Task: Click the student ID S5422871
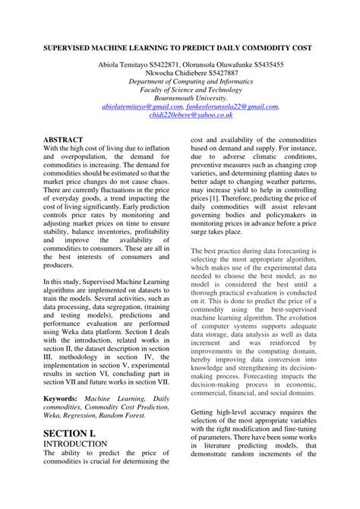pos(175,65)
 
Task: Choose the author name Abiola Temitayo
pos(125,65)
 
